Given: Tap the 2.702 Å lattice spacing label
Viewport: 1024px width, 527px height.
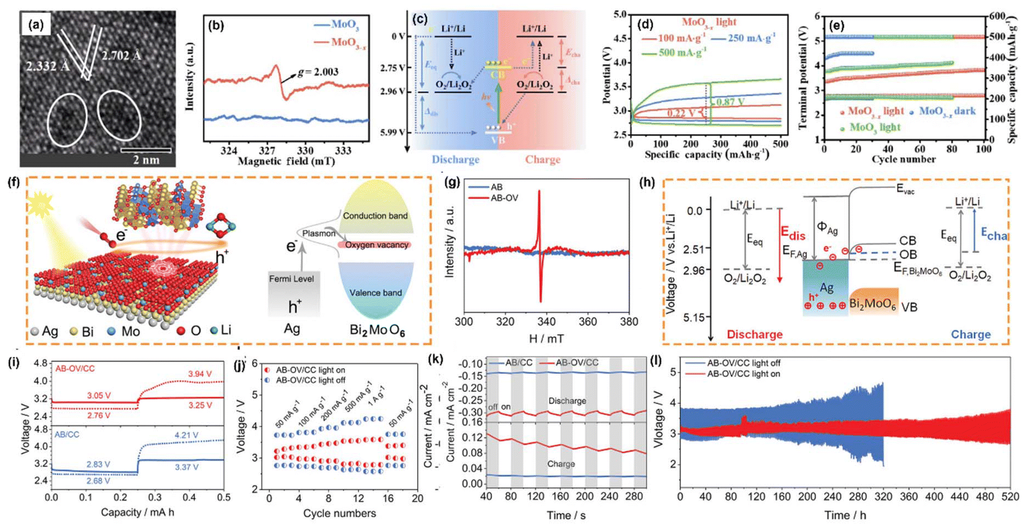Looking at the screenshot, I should tap(121, 55).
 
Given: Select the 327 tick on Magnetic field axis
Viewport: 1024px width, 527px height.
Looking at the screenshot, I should tap(267, 151).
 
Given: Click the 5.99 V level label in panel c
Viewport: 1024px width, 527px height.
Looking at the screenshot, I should tap(392, 132).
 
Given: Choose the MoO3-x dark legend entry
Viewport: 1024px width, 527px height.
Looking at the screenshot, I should tap(947, 111).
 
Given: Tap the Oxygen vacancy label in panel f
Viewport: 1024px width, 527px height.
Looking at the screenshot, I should tap(376, 245).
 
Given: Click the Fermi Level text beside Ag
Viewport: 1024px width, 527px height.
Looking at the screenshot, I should tap(291, 278).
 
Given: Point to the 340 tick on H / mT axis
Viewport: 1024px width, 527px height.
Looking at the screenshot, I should tap(546, 322).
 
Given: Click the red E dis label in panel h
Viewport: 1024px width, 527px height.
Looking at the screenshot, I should tap(793, 232).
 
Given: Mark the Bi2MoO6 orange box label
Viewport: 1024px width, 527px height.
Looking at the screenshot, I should tap(873, 305).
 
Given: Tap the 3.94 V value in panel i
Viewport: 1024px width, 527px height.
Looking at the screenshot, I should tap(200, 374).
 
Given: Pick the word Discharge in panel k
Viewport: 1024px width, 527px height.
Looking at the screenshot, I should tap(567, 401).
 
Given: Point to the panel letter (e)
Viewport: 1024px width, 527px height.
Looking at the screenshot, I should tap(836, 26).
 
